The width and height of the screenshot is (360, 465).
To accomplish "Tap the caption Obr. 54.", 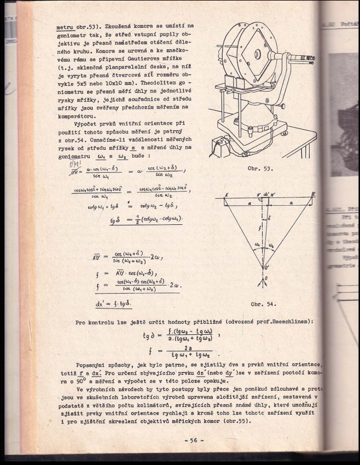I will tap(264, 303).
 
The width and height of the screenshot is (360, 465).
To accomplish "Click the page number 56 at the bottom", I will tap(194, 439).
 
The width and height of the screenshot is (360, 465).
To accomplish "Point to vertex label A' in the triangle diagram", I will tap(225, 195).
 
